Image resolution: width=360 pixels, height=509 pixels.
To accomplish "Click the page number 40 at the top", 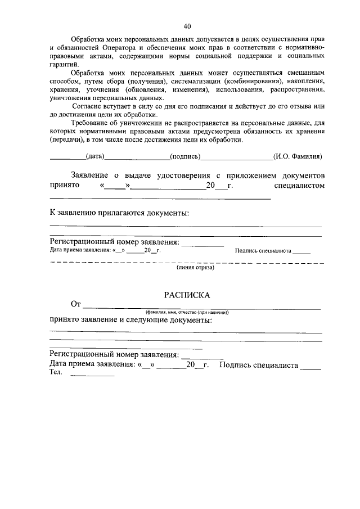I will (x=187, y=26).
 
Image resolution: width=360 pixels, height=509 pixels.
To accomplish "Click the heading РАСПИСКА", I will (x=187, y=294).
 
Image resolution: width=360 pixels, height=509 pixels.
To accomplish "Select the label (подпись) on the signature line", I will (x=186, y=157).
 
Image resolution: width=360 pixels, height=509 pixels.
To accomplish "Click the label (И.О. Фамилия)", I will (x=297, y=157).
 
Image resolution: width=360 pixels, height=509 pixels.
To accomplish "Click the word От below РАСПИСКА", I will (x=76, y=305).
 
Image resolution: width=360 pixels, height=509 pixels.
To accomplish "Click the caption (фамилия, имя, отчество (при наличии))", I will (x=187, y=312).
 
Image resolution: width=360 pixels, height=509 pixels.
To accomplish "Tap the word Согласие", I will (x=89, y=106).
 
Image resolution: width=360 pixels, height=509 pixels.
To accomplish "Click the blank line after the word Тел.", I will (x=92, y=374).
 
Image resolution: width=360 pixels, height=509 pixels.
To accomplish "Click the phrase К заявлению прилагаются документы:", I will (x=120, y=213).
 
